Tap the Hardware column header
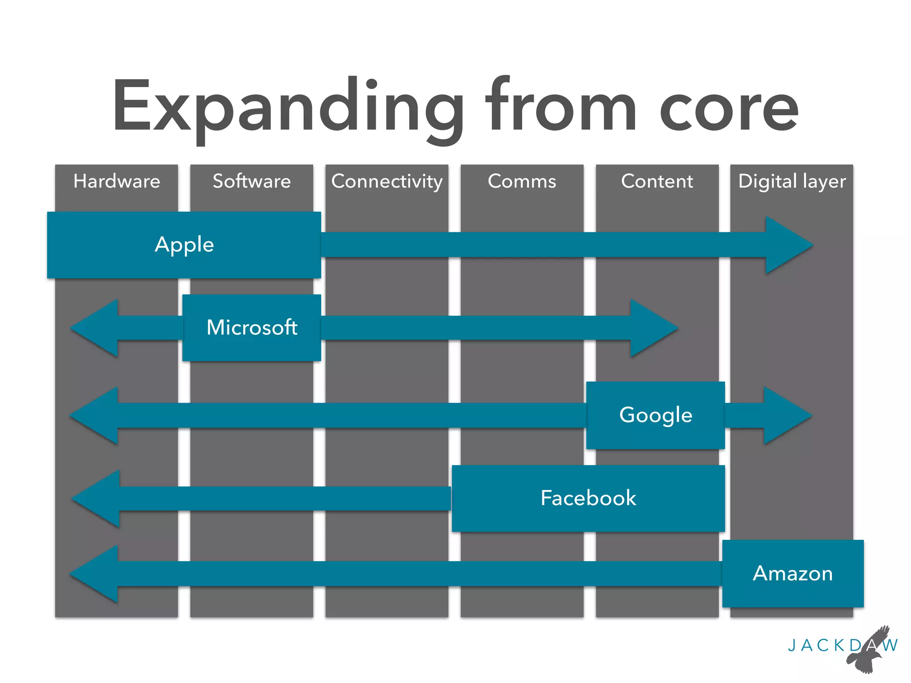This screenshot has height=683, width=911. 117,181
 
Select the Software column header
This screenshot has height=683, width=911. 252,181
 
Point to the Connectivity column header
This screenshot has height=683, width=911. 387,181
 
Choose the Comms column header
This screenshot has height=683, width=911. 522,181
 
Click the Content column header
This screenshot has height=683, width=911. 657,181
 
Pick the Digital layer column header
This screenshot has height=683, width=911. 792,181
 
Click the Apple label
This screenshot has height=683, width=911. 184,245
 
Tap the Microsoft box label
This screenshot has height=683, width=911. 252,328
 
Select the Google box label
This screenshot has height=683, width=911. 656,415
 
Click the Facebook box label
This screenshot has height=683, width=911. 588,498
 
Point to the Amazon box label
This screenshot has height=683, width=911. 793,574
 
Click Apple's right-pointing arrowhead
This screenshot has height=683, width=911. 785,245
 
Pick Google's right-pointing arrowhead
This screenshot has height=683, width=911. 784,415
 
